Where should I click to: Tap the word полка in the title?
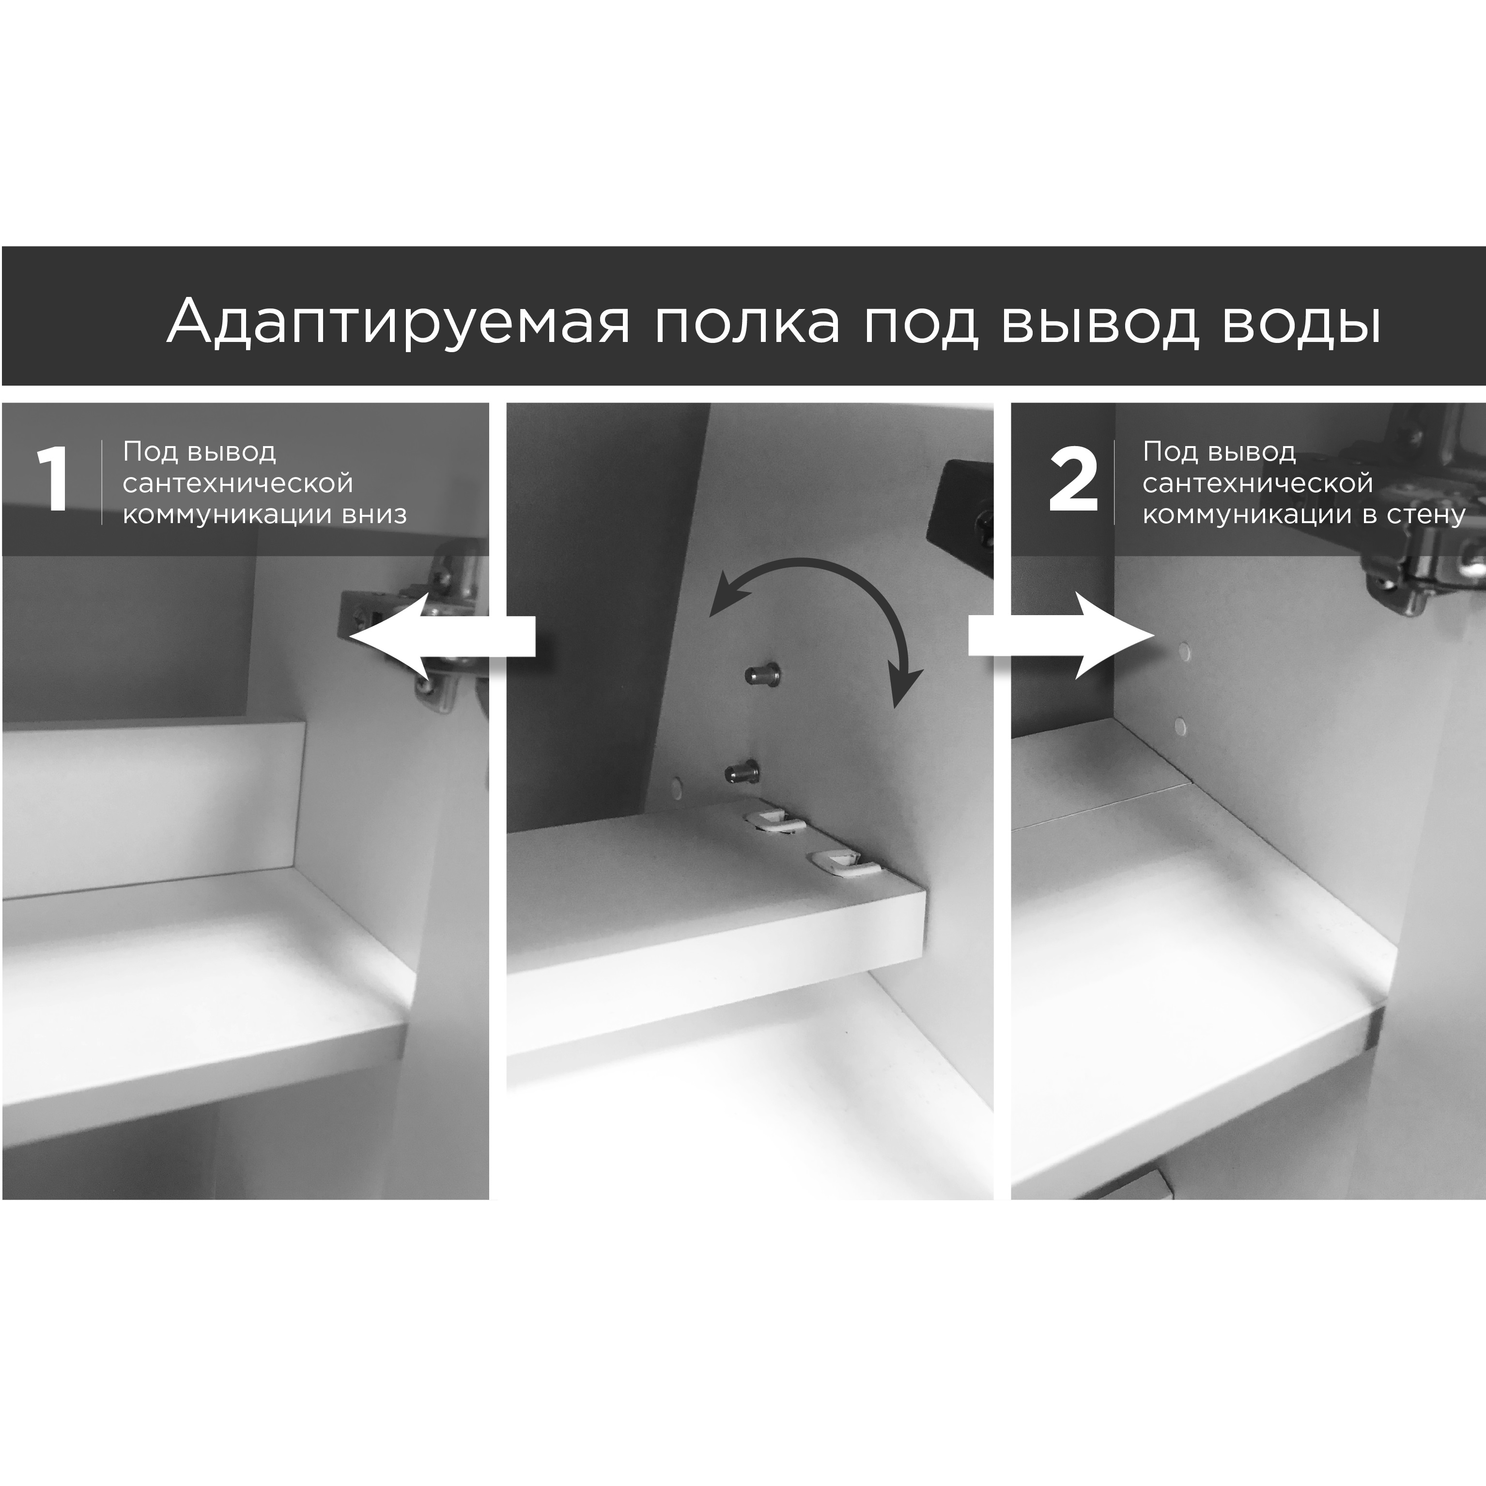747,322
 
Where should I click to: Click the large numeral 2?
1073,483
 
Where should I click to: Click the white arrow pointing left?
442,636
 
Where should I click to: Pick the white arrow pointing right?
1061,636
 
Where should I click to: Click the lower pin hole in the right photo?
1180,725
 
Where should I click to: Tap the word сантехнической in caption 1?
238,483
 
